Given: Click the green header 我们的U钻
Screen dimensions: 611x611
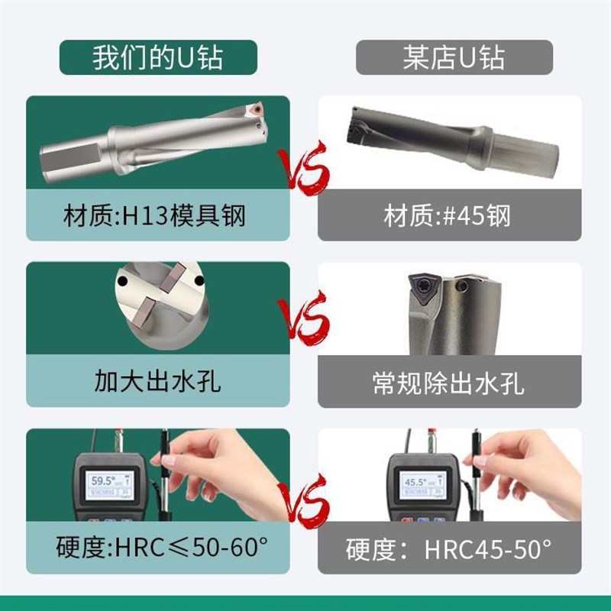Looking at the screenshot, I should pyautogui.click(x=158, y=58).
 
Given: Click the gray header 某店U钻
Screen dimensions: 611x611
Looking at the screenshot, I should pyautogui.click(x=454, y=58).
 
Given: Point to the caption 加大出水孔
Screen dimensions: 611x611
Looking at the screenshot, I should pyautogui.click(x=158, y=380).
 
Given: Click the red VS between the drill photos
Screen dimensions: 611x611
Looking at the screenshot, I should pyautogui.click(x=303, y=168).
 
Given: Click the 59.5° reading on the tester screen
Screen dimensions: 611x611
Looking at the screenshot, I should pyautogui.click(x=105, y=481).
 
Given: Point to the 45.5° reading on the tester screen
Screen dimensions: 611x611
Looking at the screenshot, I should pyautogui.click(x=417, y=483).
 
